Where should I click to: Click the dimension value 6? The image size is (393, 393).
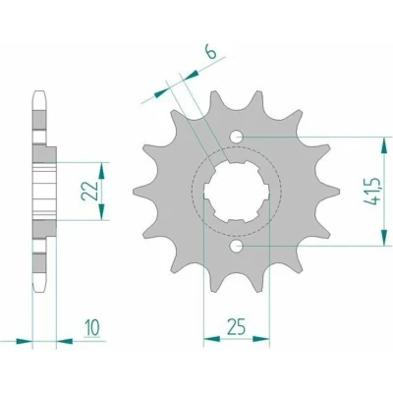pyautogui.click(x=212, y=52)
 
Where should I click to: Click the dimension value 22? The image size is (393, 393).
pyautogui.click(x=88, y=191)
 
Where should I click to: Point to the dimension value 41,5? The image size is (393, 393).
pyautogui.click(x=371, y=191)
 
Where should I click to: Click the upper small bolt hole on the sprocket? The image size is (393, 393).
pyautogui.click(x=237, y=138)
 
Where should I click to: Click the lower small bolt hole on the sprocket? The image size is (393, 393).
pyautogui.click(x=237, y=246)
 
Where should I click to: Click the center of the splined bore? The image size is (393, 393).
pyautogui.click(x=237, y=192)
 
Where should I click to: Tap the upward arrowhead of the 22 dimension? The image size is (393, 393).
pyautogui.click(x=102, y=171)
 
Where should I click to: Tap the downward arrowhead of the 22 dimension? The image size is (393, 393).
pyautogui.click(x=102, y=211)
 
